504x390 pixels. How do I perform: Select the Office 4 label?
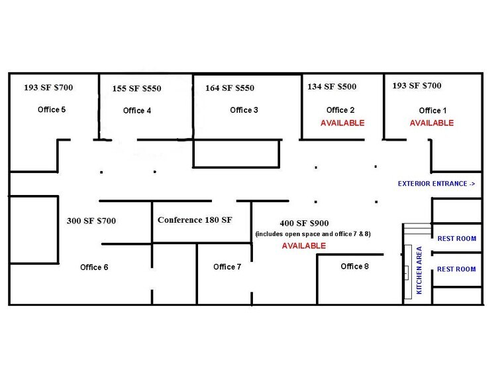(x=137, y=111)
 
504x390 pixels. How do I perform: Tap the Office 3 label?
(x=244, y=110)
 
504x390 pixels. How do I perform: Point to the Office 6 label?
(x=94, y=267)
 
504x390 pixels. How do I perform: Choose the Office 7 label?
(x=227, y=267)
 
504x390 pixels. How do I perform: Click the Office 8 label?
(x=355, y=267)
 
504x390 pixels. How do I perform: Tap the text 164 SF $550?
(x=229, y=88)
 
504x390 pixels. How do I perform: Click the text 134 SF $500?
(x=331, y=86)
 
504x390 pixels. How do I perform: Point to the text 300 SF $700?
(x=91, y=221)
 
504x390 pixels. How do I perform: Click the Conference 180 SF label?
(x=195, y=220)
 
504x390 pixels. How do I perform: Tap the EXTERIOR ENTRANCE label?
(x=436, y=184)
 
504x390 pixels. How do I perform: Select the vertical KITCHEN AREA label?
(x=419, y=270)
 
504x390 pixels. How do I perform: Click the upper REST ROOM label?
(x=456, y=239)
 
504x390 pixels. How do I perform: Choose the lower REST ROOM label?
(x=456, y=269)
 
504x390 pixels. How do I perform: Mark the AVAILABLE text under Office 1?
(x=431, y=123)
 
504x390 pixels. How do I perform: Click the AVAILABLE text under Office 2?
(x=342, y=123)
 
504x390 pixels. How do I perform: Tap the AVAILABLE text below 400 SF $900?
(x=303, y=245)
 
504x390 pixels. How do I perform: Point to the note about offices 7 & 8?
(x=303, y=234)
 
